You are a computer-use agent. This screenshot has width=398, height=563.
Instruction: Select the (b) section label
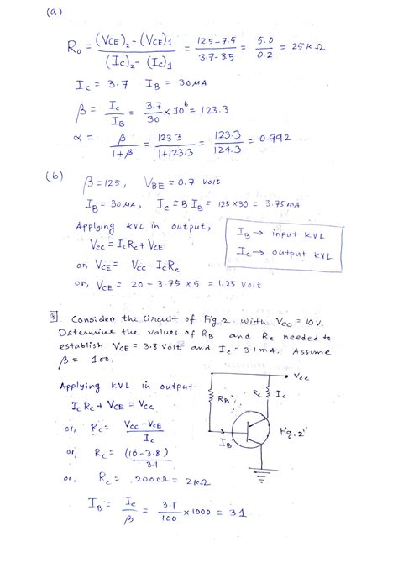point(54,179)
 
